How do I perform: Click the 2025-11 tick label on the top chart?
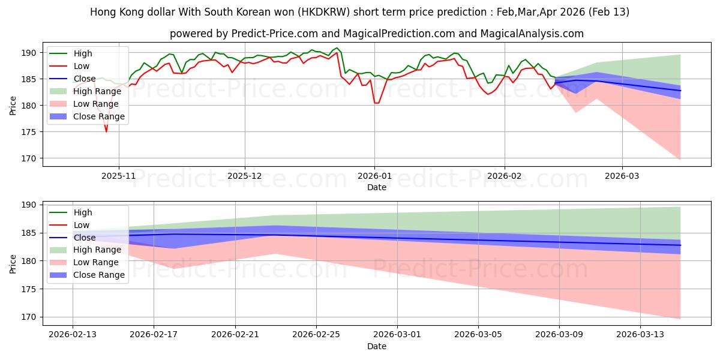119,176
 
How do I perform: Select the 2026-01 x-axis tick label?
374,176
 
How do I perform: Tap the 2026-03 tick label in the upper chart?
622,176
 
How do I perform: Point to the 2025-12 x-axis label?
245,176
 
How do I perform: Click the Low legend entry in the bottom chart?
82,225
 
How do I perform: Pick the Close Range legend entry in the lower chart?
100,275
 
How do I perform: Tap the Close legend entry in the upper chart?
83,79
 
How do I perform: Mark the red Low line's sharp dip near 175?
106,131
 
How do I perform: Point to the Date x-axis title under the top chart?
377,187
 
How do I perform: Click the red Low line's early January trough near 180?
376,103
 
